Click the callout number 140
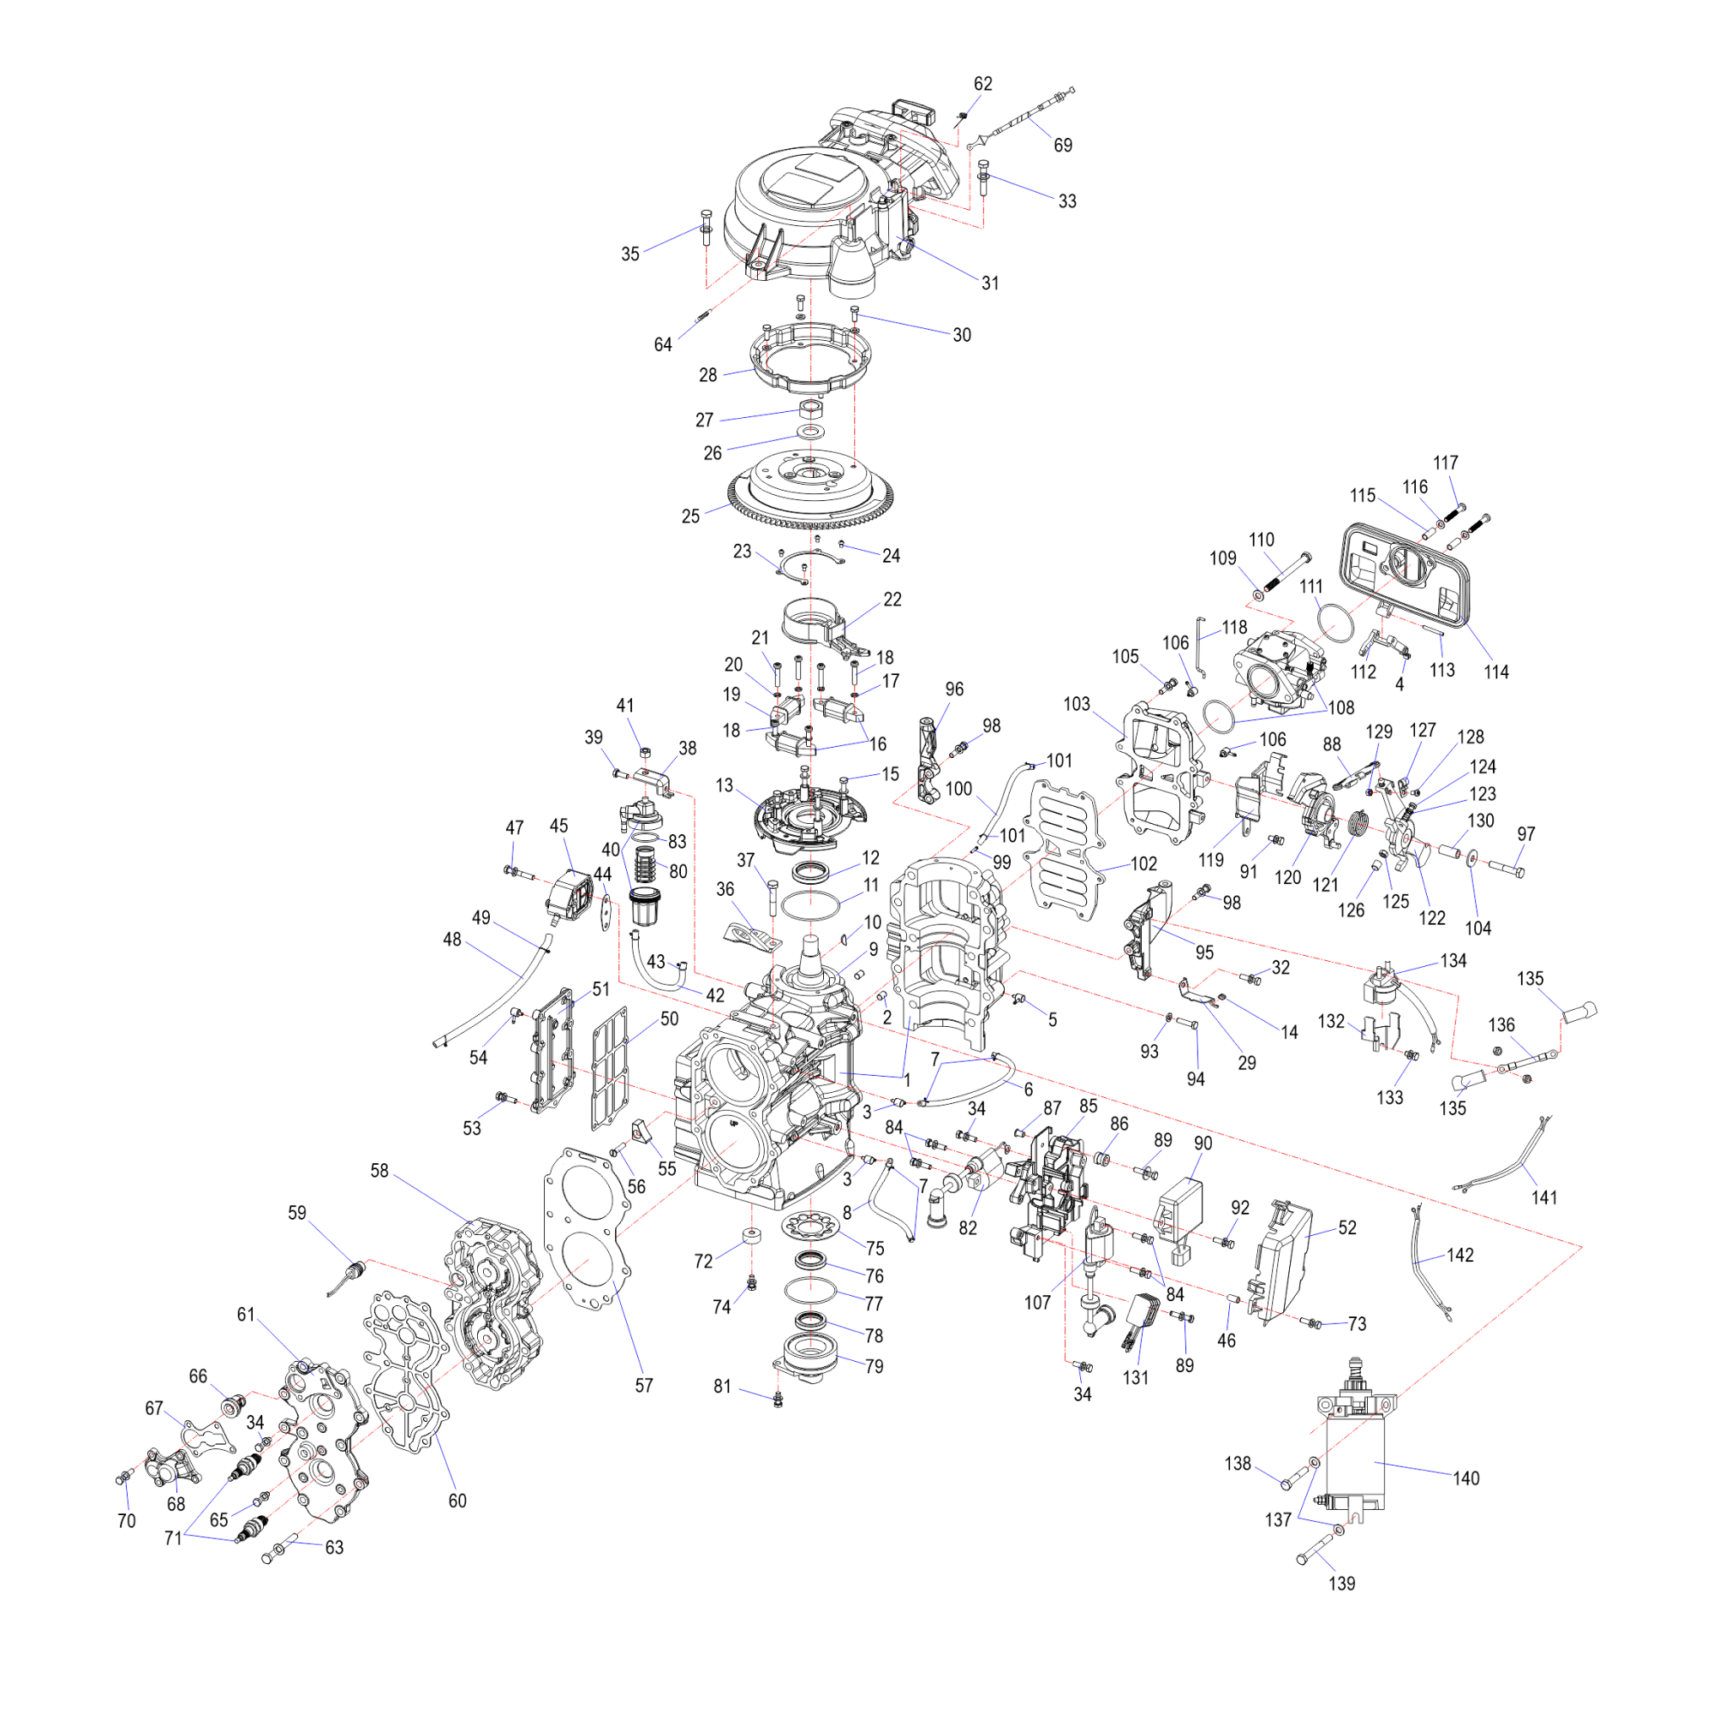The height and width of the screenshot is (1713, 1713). click(1465, 1478)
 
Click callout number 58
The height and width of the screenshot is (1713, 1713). click(379, 1170)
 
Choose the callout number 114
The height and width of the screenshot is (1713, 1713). click(1495, 672)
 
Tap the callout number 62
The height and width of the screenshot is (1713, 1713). click(983, 83)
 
